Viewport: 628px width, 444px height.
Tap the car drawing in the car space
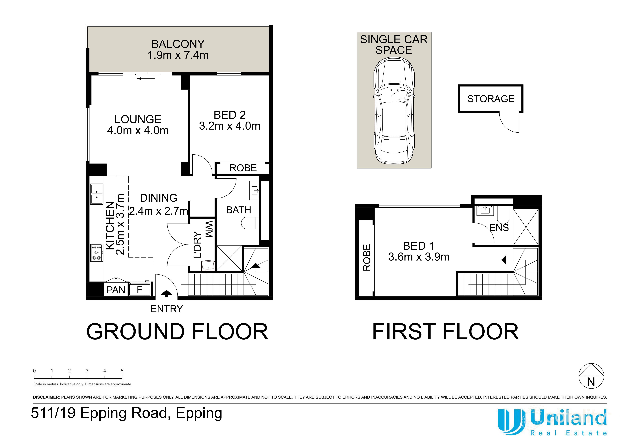coord(394,111)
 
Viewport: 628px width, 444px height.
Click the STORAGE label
coord(491,99)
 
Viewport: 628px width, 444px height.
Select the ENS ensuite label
coord(499,228)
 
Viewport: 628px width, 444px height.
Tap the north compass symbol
coord(591,376)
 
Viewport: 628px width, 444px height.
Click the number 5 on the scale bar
coord(122,371)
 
